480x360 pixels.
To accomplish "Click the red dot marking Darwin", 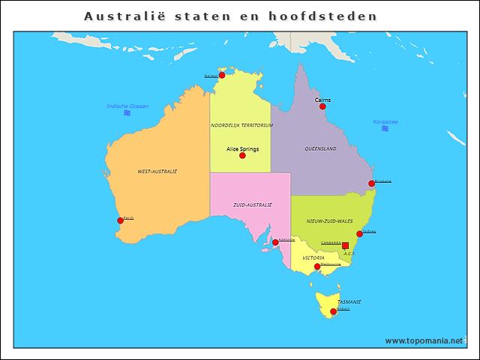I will tap(222, 75).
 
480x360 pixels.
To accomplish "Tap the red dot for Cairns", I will tap(322, 106).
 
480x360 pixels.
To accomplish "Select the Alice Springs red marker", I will tap(242, 155).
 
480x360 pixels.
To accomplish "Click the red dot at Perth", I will tap(120, 220).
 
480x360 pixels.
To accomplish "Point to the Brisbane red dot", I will tap(371, 184).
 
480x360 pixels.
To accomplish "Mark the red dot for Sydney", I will tap(359, 234).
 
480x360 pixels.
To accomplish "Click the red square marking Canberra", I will tap(345, 246).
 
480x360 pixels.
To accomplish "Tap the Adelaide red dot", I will tap(275, 242).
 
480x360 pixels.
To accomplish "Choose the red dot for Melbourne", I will tap(317, 266).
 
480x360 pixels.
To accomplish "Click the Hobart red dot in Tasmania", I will tap(333, 311).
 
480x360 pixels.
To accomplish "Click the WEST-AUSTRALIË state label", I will tap(157, 172).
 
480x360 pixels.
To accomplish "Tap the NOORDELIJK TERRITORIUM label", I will tap(241, 125).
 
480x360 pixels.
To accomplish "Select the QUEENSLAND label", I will tap(320, 149).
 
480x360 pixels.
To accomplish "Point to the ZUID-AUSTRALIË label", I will tap(252, 205).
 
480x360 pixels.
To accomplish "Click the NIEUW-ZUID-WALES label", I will tap(330, 222).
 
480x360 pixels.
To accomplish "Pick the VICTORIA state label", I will tap(313, 258).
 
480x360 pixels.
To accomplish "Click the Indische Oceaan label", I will tap(127, 106).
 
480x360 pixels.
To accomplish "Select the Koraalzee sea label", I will tap(385, 121).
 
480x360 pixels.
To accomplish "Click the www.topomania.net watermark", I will tap(424, 340).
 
